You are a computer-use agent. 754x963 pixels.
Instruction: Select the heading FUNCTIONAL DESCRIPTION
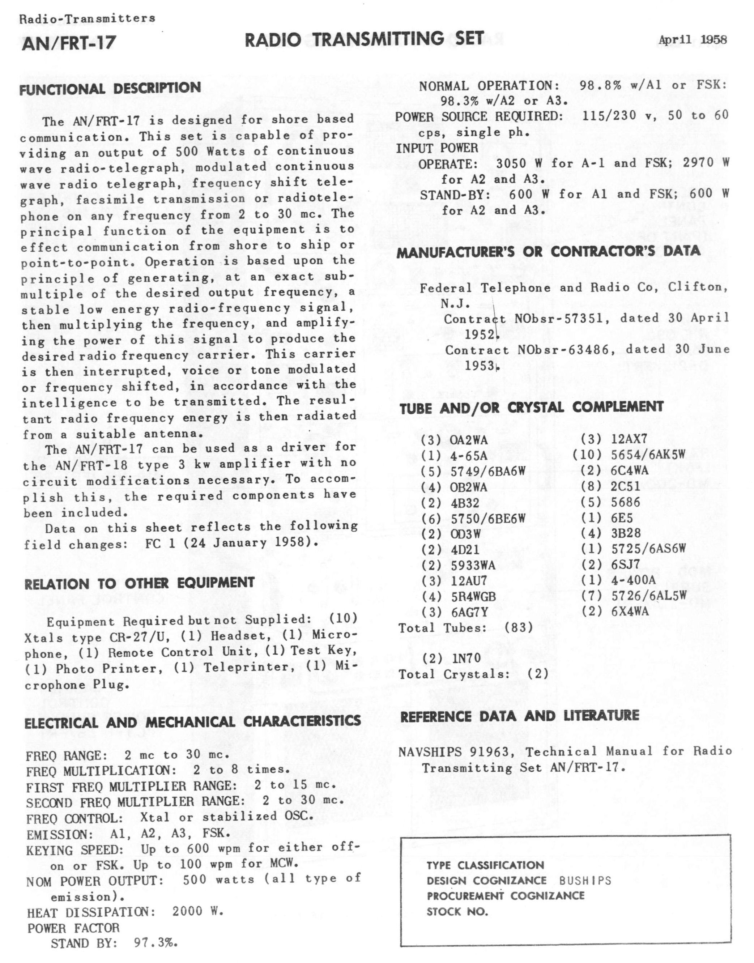coord(110,88)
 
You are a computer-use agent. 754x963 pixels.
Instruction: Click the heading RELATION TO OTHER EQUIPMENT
coord(140,583)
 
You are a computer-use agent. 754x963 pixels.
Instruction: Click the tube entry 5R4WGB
coord(473,597)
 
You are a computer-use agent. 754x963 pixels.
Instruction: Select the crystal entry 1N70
coord(466,659)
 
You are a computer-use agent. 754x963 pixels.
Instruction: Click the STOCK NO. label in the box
coord(457,912)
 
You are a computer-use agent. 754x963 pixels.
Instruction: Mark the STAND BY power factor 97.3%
coord(156,943)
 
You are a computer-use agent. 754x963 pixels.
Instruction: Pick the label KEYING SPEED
coord(74,851)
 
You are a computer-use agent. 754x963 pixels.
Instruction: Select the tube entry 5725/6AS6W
coord(648,549)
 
